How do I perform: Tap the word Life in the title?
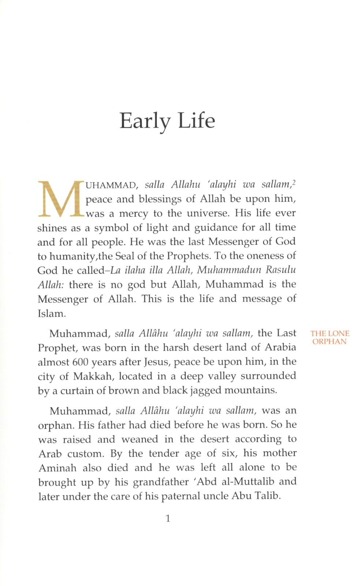[196, 120]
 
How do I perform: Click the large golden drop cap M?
[61, 198]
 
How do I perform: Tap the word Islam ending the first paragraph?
[51, 314]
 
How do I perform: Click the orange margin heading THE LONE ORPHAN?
[329, 337]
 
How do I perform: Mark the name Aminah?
[57, 468]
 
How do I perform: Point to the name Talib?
[270, 496]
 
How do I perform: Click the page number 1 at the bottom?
[168, 519]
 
